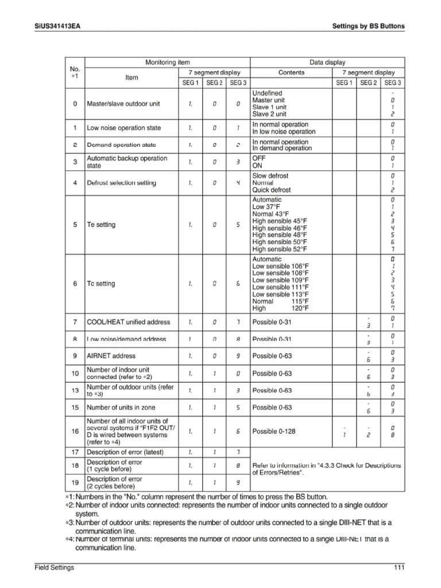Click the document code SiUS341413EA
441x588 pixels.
click(x=57, y=26)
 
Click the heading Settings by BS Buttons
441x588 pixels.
click(x=369, y=26)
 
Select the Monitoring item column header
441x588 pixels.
click(x=168, y=62)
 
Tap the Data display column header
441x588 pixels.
click(x=327, y=62)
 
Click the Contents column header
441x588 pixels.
click(x=291, y=73)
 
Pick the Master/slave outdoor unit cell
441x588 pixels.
click(x=123, y=104)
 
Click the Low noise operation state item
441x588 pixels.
click(x=123, y=128)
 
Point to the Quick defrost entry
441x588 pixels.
click(x=272, y=189)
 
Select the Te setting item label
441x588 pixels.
click(x=101, y=225)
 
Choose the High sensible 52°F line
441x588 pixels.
click(x=280, y=249)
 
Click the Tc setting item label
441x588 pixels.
click(x=101, y=284)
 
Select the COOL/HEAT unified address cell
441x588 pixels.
click(x=128, y=322)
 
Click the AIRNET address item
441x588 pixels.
click(x=111, y=356)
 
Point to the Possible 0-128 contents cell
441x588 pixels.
click(x=274, y=431)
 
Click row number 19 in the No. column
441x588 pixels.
click(x=75, y=483)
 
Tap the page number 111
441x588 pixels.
click(x=399, y=568)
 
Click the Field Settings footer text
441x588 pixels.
click(x=53, y=568)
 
